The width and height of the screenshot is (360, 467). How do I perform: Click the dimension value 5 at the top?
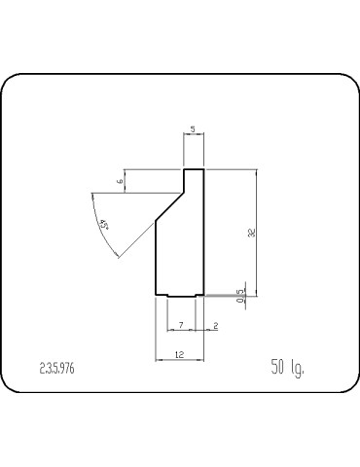pos(194,128)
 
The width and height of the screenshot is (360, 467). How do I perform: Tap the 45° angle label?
pos(104,226)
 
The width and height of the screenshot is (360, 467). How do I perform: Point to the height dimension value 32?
pos(250,233)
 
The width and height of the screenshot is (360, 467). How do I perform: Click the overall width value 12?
pos(179,357)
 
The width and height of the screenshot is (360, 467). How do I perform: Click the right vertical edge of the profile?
pos(203,233)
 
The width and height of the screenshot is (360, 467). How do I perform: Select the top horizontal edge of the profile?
pos(194,169)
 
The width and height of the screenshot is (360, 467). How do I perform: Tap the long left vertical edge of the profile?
pos(157,258)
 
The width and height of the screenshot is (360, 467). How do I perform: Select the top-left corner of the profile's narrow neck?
pos(184,169)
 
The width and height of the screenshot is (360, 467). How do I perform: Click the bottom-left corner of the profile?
pos(157,294)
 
